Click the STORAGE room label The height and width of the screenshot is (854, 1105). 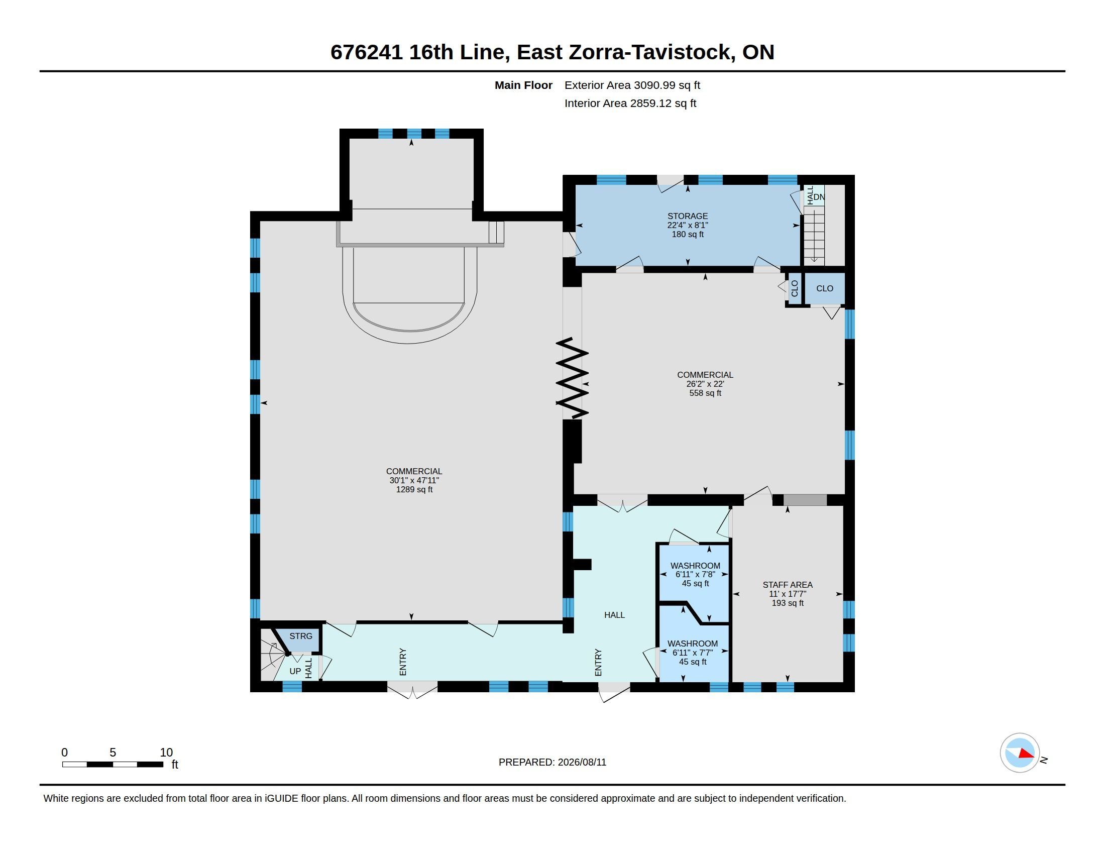coord(687,216)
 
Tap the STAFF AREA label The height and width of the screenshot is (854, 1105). coord(787,585)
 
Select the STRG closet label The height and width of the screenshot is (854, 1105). coord(300,636)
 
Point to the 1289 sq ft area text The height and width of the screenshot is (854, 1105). coord(414,490)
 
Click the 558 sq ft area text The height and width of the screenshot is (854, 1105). coord(705,393)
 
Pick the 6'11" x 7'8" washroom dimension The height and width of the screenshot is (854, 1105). coord(695,575)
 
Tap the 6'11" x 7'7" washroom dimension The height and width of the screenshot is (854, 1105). coord(692,653)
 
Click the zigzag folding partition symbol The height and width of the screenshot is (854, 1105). coord(572,378)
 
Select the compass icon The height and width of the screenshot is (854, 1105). coord(1020,753)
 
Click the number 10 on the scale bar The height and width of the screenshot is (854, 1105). coord(166,753)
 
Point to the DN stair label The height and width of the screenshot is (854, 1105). coord(819,197)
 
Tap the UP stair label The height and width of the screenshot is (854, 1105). coord(295,671)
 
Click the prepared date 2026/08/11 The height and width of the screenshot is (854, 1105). coord(582,763)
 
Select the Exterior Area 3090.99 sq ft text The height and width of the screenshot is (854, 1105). coord(632,85)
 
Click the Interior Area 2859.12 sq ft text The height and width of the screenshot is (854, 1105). coord(630,103)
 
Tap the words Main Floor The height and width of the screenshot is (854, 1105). coord(523,85)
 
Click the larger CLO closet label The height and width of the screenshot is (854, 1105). coord(825,288)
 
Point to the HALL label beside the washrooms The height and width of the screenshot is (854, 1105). coord(614,615)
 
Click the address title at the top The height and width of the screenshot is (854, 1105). coord(552,52)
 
